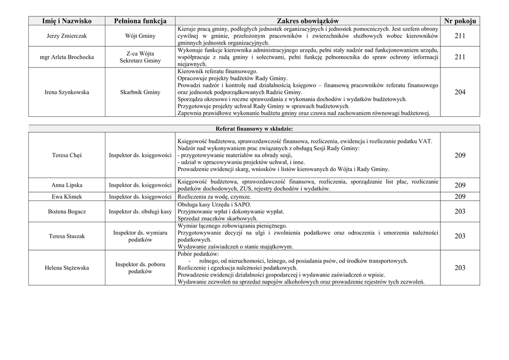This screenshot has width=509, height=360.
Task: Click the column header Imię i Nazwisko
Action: (x=67, y=21)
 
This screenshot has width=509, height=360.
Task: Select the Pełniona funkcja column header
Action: (x=140, y=21)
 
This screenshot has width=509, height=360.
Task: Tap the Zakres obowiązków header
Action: (x=308, y=21)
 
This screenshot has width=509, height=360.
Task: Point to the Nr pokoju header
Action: (x=460, y=21)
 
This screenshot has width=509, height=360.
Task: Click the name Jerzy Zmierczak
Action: (x=67, y=36)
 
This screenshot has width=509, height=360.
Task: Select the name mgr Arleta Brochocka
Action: (x=67, y=57)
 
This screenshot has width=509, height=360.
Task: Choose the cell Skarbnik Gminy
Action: (x=140, y=92)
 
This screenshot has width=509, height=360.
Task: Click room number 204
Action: (x=460, y=92)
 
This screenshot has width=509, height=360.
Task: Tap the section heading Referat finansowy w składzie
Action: (x=254, y=128)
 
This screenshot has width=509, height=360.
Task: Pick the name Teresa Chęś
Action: (x=67, y=156)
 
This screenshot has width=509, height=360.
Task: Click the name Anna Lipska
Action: (x=67, y=185)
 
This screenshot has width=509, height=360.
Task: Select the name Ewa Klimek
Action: (x=67, y=197)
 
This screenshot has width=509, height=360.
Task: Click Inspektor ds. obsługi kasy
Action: (x=140, y=212)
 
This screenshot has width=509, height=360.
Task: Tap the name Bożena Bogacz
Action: (x=67, y=212)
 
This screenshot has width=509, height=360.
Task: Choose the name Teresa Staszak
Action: (x=67, y=236)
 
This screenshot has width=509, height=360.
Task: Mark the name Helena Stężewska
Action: (x=67, y=268)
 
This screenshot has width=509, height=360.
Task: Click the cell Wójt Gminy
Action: (x=140, y=36)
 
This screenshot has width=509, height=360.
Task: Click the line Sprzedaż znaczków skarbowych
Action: (x=217, y=218)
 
